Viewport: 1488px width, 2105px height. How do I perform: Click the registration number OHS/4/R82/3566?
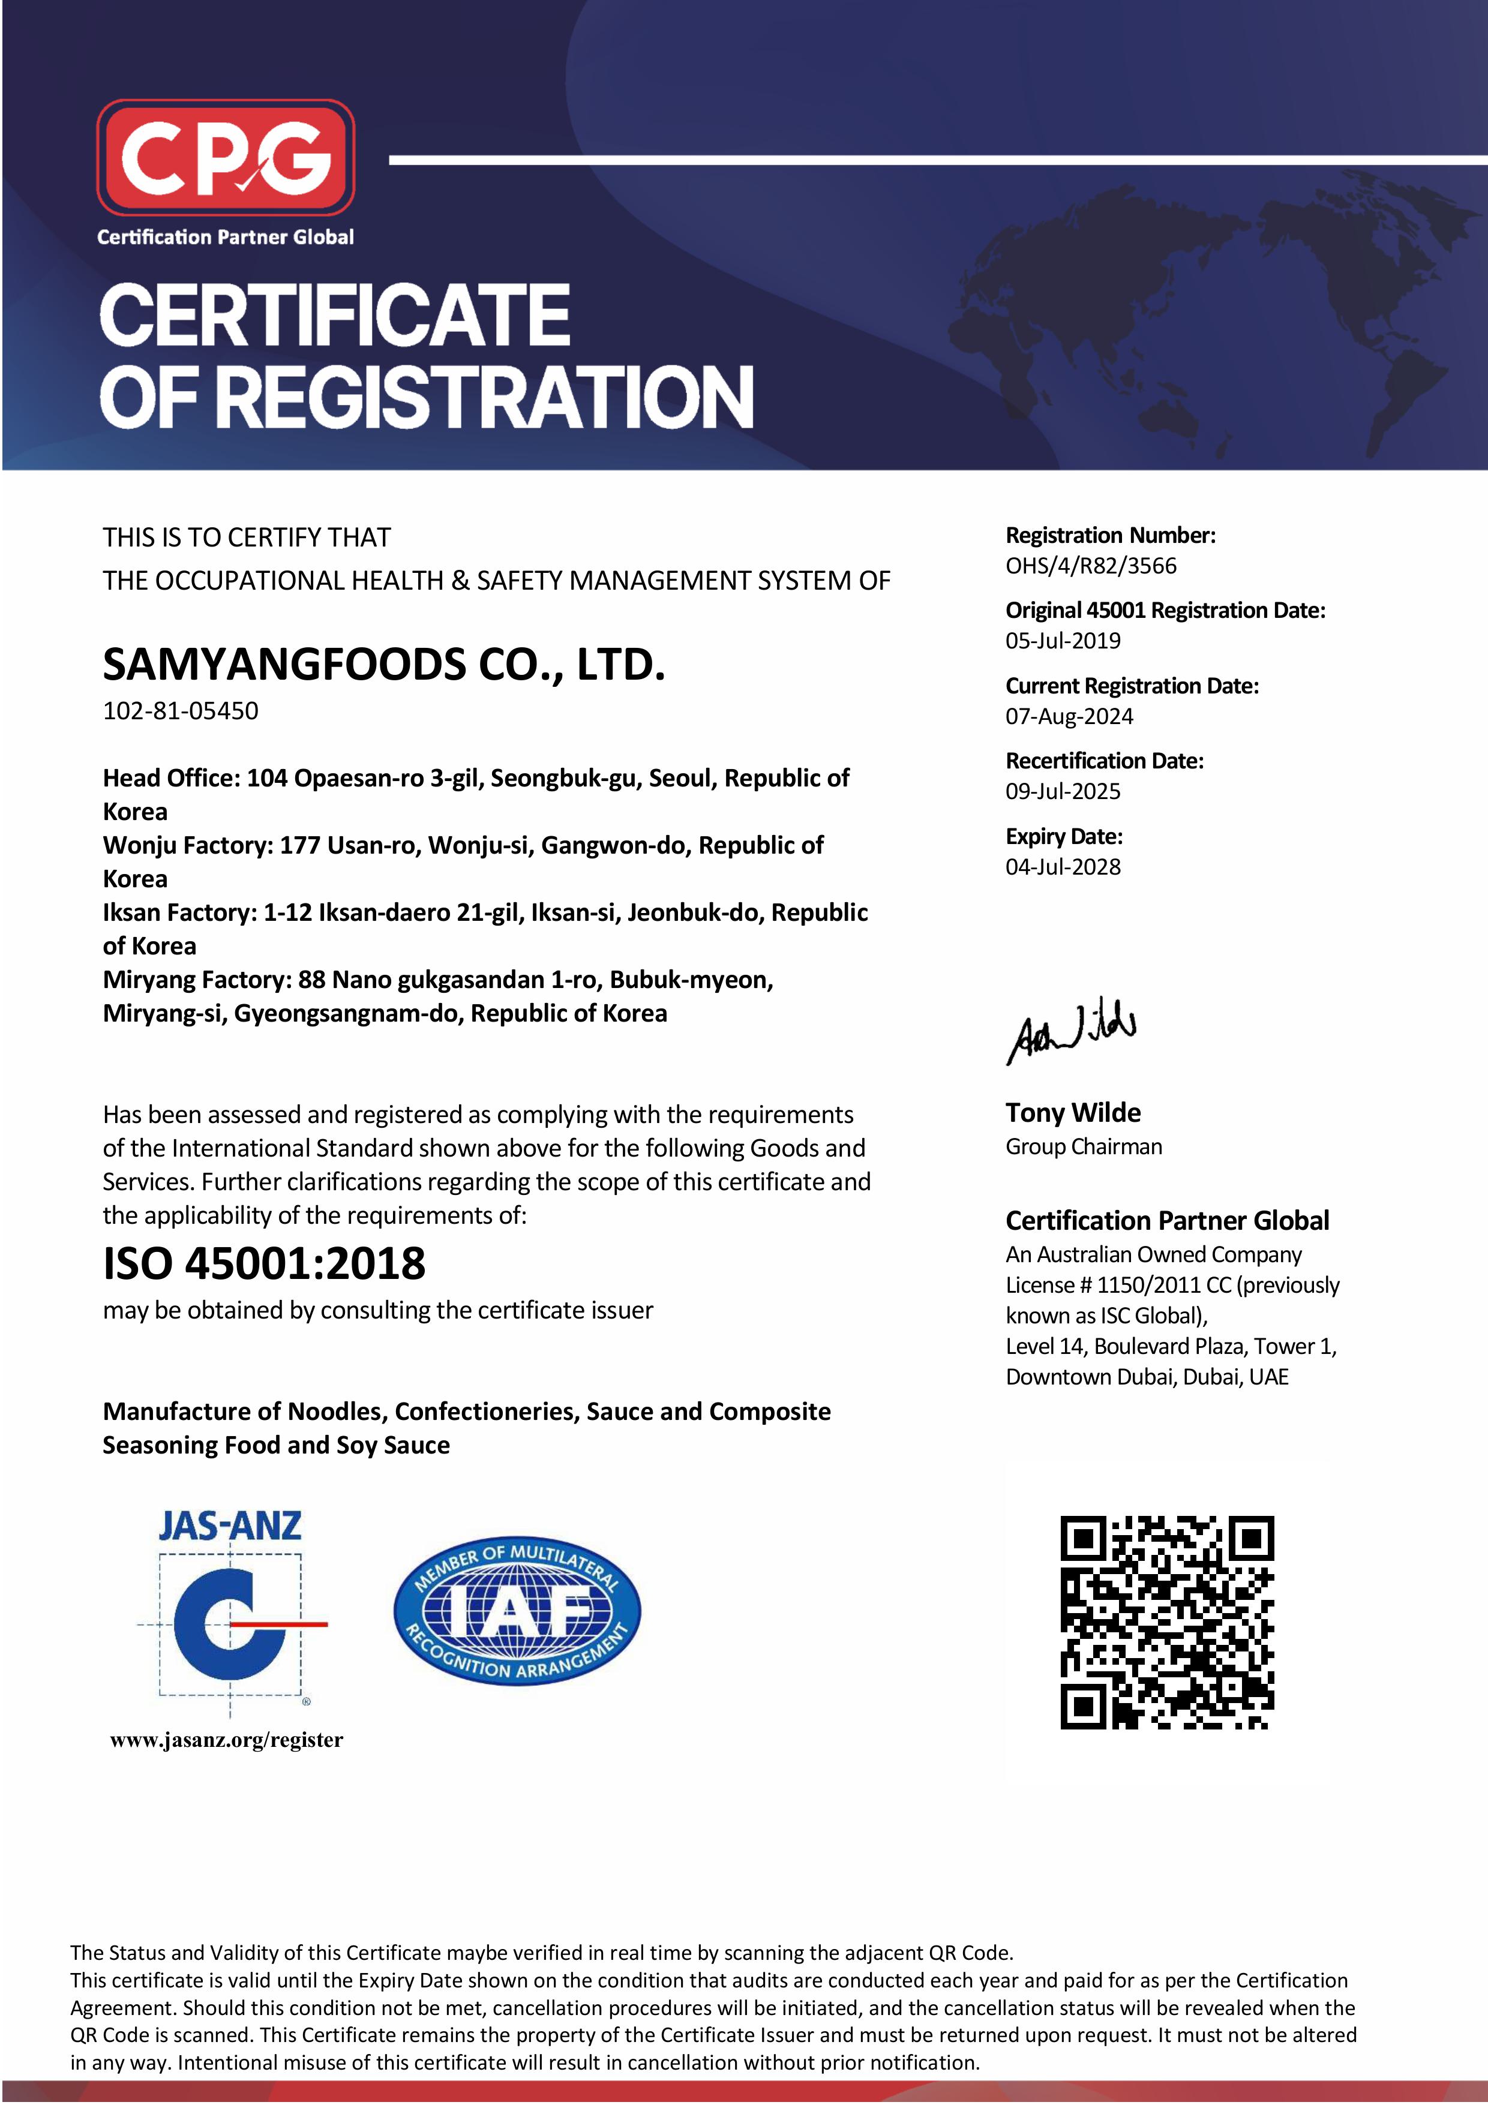pyautogui.click(x=1090, y=566)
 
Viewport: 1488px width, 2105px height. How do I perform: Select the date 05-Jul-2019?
pyautogui.click(x=1063, y=641)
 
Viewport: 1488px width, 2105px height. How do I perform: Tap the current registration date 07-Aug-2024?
pyautogui.click(x=1069, y=716)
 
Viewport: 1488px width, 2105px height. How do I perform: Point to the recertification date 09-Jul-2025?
pyautogui.click(x=1063, y=791)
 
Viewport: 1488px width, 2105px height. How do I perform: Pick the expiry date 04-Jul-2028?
pyautogui.click(x=1063, y=866)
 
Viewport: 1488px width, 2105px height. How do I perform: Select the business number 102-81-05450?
pyautogui.click(x=181, y=710)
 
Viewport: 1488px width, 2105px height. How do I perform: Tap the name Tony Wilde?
pyautogui.click(x=1073, y=1112)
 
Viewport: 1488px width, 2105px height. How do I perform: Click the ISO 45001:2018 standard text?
pyautogui.click(x=264, y=1263)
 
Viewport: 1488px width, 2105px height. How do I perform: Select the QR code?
pyautogui.click(x=1166, y=1622)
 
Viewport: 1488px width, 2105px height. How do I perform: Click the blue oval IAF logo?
pyautogui.click(x=517, y=1611)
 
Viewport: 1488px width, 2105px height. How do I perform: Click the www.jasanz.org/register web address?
pyautogui.click(x=226, y=1740)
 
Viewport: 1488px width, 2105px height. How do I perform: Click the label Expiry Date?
pyautogui.click(x=1064, y=836)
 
